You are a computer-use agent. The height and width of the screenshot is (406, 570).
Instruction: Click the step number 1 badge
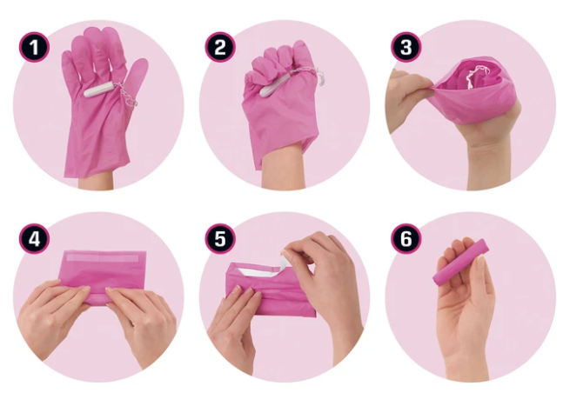34,47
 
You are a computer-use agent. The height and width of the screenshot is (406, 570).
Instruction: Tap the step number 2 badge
220,47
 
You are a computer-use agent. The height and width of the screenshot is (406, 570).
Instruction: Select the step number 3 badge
406,47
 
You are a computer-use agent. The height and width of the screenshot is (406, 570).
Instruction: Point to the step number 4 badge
34,238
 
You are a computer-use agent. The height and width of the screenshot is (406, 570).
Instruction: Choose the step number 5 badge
220,238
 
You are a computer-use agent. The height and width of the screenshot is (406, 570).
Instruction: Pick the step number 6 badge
406,238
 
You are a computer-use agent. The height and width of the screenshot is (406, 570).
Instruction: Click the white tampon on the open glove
98,90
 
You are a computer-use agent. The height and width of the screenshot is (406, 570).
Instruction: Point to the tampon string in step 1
126,95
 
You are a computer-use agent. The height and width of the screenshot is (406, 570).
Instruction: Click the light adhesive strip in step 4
104,258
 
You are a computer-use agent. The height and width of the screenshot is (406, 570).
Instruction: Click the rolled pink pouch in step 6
460,263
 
